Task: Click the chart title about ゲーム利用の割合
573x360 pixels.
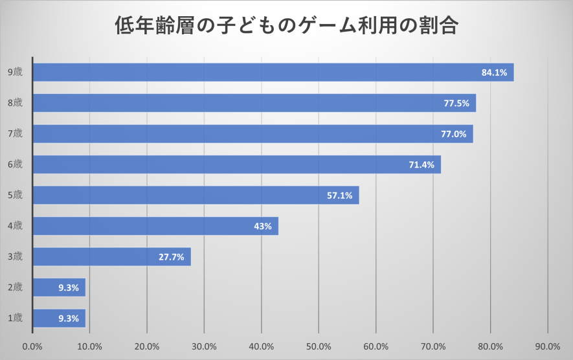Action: [x=287, y=27]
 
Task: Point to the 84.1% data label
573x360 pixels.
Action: [x=494, y=73]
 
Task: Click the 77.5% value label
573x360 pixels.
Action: [x=456, y=103]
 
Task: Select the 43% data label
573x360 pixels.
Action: [x=263, y=226]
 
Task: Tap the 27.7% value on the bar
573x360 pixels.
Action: [x=171, y=257]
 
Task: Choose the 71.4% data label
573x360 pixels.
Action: [x=421, y=164]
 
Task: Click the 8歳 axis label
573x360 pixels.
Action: [x=15, y=103]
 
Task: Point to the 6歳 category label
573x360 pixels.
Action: [x=15, y=164]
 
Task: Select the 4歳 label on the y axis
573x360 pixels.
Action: [x=15, y=226]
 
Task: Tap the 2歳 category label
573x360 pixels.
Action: [x=15, y=287]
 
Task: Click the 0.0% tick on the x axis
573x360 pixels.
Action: [x=32, y=346]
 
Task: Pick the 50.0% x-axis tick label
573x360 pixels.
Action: [x=319, y=346]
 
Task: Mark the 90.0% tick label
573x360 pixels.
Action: [x=548, y=346]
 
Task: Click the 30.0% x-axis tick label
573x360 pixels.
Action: [x=204, y=346]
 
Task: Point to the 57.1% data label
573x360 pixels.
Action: [x=339, y=196]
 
